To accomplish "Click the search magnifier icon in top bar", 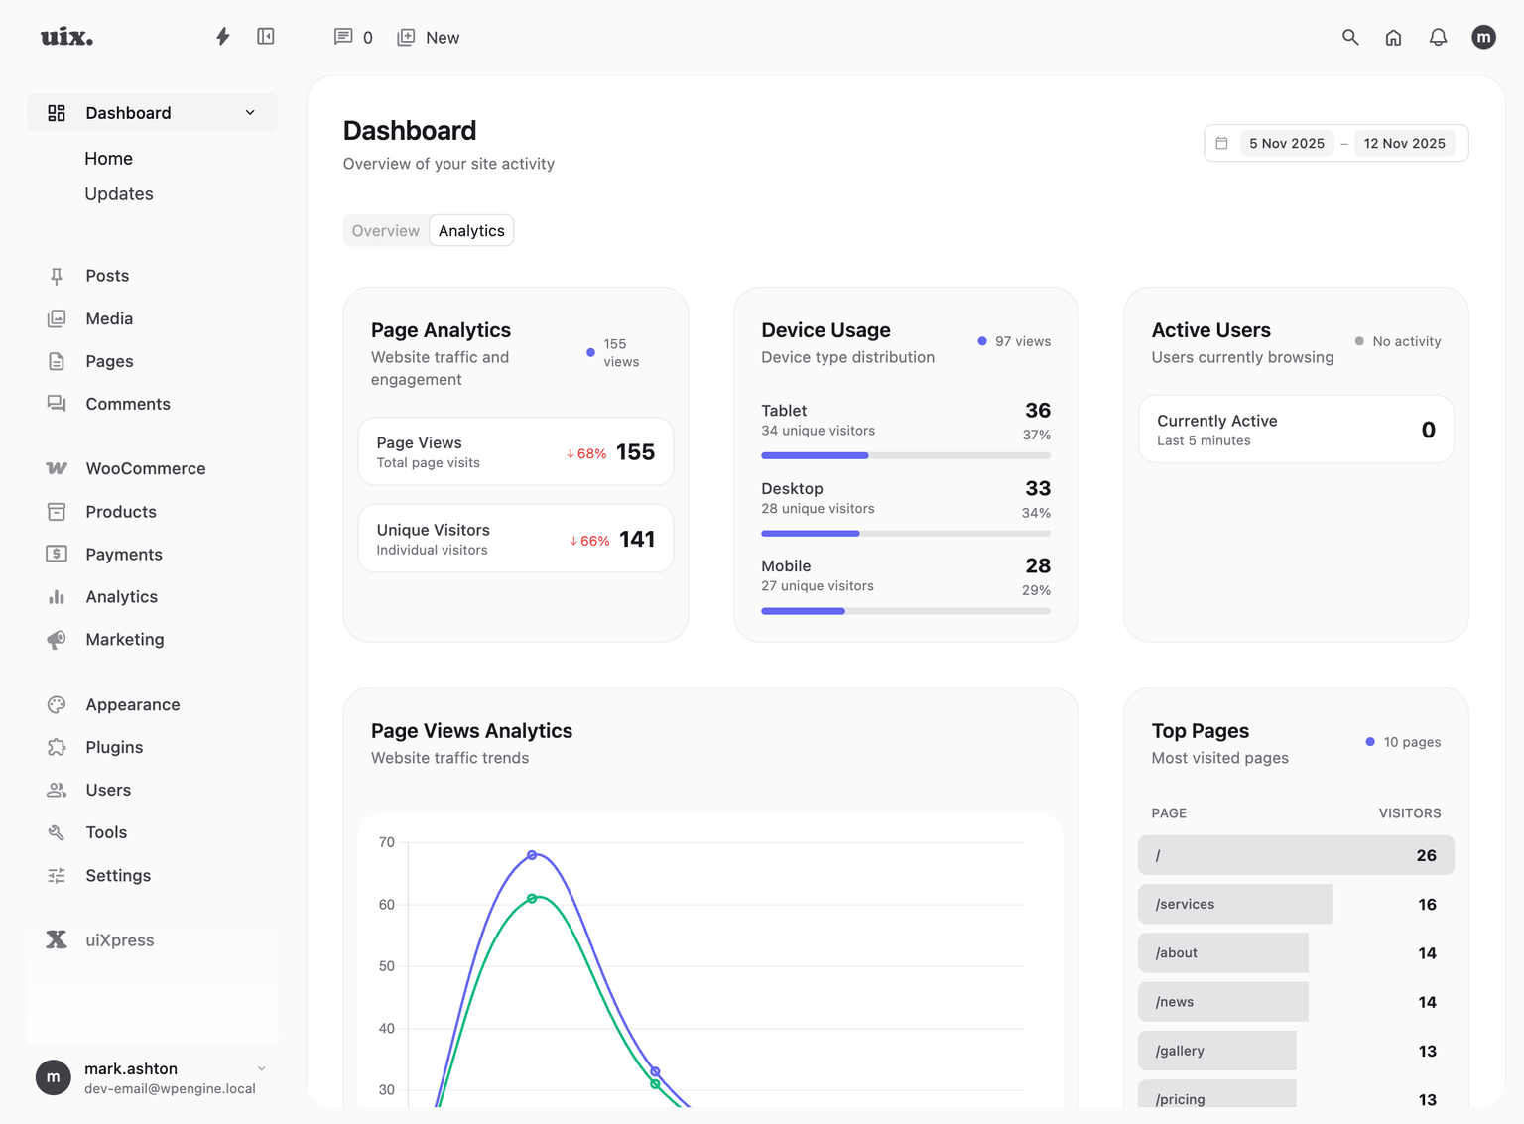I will click(x=1350, y=38).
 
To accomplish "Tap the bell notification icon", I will click(x=1438, y=38).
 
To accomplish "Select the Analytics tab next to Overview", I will click(x=471, y=231).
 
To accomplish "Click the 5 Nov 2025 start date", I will click(x=1287, y=144).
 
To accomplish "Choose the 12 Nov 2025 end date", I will click(x=1404, y=144).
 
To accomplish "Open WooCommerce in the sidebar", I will click(x=145, y=468).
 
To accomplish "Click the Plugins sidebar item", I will click(x=114, y=747).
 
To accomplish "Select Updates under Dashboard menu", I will click(x=119, y=194).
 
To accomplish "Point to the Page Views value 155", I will click(x=635, y=452).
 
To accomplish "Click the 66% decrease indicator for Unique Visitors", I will click(x=589, y=541).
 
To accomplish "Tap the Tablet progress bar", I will click(x=905, y=455).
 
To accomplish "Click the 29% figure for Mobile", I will click(x=1036, y=590).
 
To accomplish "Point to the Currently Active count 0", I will click(x=1428, y=430).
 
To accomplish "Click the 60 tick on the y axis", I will click(x=387, y=905).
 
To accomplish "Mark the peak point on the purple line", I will click(x=532, y=855).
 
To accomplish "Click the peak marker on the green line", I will click(x=532, y=899).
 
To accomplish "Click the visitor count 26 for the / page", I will click(x=1426, y=855).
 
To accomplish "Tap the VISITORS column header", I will click(x=1409, y=813).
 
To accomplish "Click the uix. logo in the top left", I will click(x=66, y=38).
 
